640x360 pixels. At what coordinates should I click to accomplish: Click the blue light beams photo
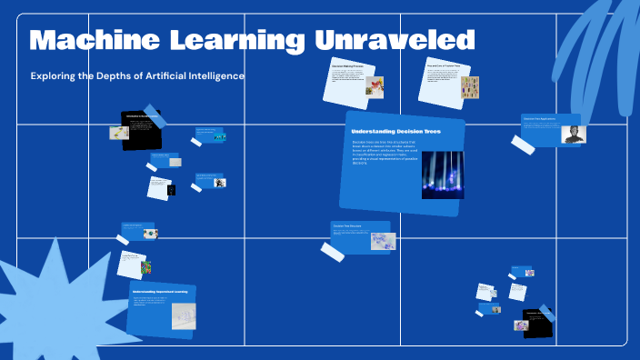(443, 174)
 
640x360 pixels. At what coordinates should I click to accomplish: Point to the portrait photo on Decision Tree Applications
(574, 135)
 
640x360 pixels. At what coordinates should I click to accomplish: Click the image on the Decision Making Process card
(374, 85)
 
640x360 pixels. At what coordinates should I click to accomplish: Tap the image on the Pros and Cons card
(469, 87)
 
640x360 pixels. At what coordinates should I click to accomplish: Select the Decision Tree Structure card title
(348, 225)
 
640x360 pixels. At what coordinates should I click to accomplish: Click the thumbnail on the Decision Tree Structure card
(382, 240)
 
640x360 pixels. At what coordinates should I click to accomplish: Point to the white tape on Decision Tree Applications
(523, 145)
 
